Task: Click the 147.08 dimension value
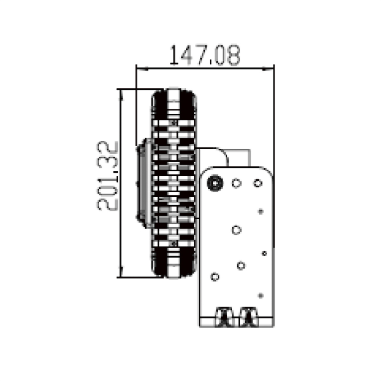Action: [205, 55]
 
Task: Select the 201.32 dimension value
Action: [108, 176]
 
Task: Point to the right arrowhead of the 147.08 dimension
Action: [270, 69]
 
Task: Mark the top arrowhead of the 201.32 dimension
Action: [121, 93]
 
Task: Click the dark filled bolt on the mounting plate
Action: [215, 183]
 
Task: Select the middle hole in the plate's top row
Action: [236, 183]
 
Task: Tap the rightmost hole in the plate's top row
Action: [258, 183]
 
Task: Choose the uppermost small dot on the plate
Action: [261, 211]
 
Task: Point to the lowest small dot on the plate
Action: [261, 295]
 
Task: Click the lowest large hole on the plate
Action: [215, 277]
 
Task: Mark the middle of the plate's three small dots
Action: [264, 253]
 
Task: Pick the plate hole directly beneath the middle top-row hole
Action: [237, 230]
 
